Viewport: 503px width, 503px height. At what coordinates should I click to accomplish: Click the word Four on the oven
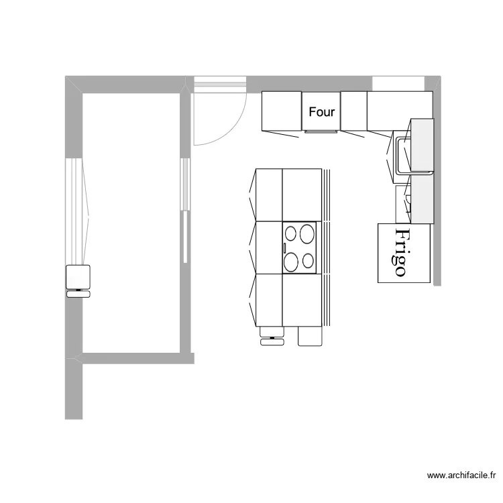(322, 112)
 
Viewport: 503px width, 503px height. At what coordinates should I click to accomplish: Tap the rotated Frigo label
(401, 252)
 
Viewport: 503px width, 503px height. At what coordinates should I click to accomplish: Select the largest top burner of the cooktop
(308, 234)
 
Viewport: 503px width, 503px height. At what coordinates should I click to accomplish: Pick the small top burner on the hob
(291, 234)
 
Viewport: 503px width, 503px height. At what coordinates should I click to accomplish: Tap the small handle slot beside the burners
(284, 248)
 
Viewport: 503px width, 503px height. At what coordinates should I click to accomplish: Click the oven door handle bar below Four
(322, 131)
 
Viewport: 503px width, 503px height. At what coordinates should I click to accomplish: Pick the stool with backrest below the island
(271, 335)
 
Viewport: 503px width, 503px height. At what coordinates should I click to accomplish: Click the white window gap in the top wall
(398, 83)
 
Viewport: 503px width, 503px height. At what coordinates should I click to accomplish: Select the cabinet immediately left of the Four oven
(281, 111)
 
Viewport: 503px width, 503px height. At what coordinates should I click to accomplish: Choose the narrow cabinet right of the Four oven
(353, 111)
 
